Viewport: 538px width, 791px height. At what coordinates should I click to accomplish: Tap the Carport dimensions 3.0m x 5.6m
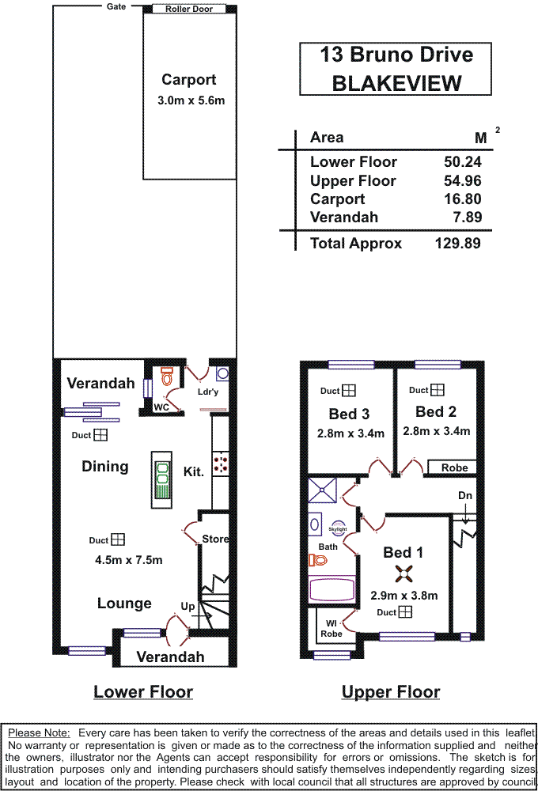[191, 100]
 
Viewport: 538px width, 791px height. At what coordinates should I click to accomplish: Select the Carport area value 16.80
[463, 199]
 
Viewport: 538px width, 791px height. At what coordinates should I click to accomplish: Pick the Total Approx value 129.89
[457, 244]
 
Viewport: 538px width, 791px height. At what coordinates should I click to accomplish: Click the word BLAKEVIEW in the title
[396, 83]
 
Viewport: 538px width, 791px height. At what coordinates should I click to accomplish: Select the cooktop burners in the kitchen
[221, 463]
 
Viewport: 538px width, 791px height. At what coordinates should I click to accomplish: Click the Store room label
[215, 539]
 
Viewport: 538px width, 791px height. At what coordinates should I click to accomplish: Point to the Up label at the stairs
[188, 606]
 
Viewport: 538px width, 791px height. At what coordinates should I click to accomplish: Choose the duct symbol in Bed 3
[349, 391]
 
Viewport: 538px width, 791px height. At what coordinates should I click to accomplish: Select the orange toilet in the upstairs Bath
[318, 560]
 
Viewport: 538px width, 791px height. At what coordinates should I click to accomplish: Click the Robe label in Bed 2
[455, 467]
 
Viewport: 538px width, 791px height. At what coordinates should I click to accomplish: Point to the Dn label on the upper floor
[465, 495]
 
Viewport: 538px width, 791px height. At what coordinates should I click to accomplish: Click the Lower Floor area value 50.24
[463, 162]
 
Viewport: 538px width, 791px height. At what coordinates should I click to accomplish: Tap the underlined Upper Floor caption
[391, 692]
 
